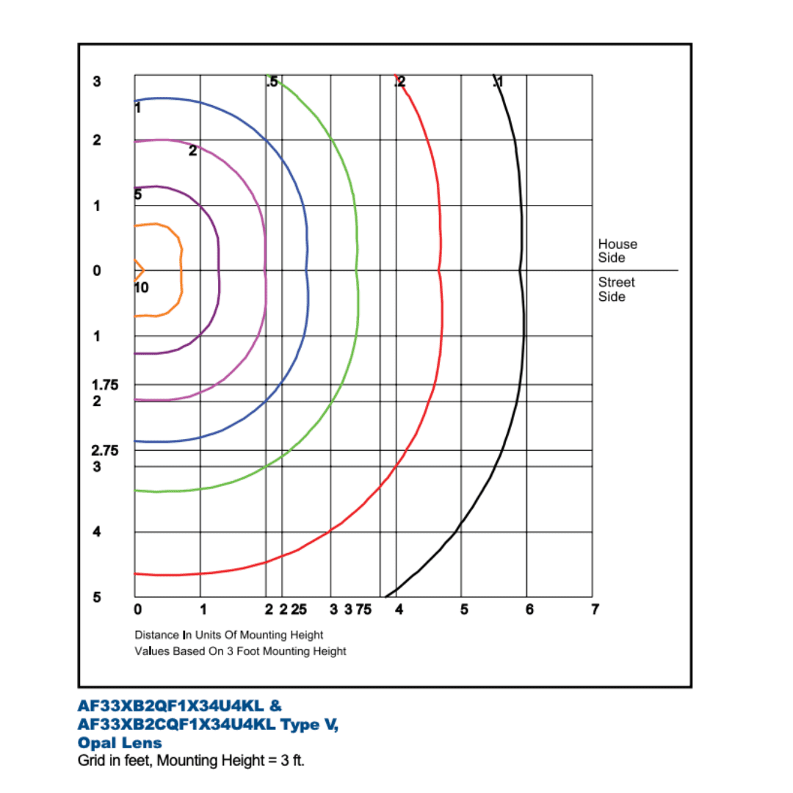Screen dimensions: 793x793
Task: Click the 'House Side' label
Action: tap(617, 251)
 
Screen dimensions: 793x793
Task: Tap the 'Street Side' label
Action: tap(616, 289)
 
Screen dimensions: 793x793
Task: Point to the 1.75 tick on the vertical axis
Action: tap(105, 384)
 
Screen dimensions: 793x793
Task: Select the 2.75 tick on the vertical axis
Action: tap(105, 449)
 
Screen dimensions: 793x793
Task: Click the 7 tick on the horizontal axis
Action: tap(595, 609)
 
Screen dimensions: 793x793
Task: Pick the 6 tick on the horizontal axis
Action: tap(529, 609)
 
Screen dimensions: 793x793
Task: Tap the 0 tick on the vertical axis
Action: tap(96, 271)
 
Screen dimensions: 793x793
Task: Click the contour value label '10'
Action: tap(141, 288)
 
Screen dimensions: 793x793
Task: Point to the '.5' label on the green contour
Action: tap(272, 82)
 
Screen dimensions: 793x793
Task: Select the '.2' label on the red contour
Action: tap(400, 82)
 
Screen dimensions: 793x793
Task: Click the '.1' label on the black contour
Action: tap(498, 82)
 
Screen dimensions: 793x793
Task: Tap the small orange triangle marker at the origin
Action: tap(138, 270)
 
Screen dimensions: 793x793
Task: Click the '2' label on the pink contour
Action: tap(192, 151)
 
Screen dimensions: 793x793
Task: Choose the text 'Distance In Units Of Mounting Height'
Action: tap(228, 634)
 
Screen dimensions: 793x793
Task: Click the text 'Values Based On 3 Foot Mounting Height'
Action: tap(240, 651)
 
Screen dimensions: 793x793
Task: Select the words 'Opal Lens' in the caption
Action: tap(120, 743)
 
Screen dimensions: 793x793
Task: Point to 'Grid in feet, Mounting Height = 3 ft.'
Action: tap(191, 761)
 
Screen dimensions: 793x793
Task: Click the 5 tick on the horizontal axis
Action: tap(464, 609)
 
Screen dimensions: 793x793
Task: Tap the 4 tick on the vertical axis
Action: tap(96, 532)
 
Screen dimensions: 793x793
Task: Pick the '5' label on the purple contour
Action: tap(138, 195)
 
